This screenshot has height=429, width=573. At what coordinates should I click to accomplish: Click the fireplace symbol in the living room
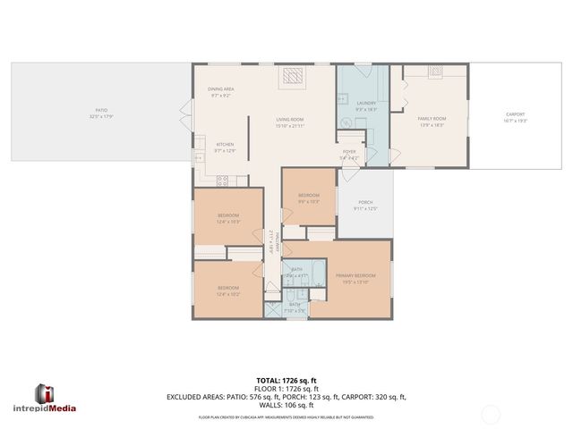pyautogui.click(x=293, y=78)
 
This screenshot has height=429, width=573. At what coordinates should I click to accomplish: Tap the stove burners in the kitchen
pyautogui.click(x=221, y=180)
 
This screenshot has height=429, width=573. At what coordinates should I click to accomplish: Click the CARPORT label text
pyautogui.click(x=515, y=114)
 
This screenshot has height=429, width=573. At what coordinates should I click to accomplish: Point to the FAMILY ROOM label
pyautogui.click(x=432, y=119)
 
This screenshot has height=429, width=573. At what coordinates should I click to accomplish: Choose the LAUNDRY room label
pyautogui.click(x=366, y=104)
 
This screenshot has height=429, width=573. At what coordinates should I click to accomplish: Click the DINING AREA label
pyautogui.click(x=221, y=89)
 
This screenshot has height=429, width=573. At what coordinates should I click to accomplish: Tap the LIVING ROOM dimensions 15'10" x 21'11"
pyautogui.click(x=290, y=125)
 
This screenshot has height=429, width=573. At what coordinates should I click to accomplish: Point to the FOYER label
pyautogui.click(x=349, y=152)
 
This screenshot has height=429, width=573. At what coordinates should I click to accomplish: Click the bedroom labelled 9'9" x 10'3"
pyautogui.click(x=308, y=198)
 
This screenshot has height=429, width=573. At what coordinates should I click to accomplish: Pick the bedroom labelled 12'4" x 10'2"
pyautogui.click(x=227, y=288)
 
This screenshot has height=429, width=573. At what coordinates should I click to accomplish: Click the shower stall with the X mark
pyautogui.click(x=272, y=310)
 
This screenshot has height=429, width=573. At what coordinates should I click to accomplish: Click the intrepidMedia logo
pyautogui.click(x=56, y=397)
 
